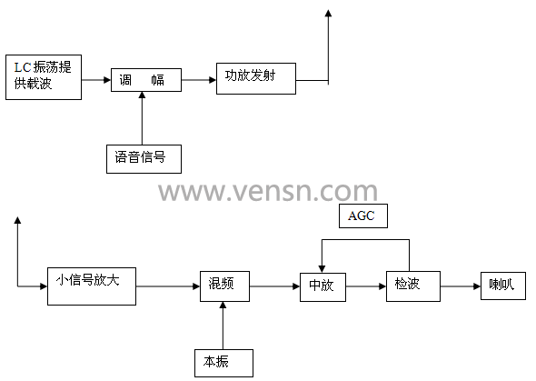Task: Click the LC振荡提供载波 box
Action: [44, 77]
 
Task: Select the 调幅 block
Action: [146, 80]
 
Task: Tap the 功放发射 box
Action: [256, 78]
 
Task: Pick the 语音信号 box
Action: [144, 159]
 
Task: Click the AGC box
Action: [363, 216]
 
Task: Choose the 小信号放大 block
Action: [92, 286]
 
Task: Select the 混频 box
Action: [224, 286]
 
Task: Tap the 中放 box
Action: [323, 287]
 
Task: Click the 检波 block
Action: [413, 286]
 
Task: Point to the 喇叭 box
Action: [503, 286]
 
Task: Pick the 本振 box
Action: [223, 363]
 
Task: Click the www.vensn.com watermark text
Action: [268, 192]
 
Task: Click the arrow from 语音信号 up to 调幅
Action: [143, 118]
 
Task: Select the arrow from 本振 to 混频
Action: [223, 326]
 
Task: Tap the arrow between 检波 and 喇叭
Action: [461, 286]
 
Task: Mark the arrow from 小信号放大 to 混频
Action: [168, 286]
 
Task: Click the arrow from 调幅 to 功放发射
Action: [199, 80]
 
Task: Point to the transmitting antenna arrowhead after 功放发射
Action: [328, 13]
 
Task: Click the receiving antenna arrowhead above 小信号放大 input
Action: [17, 220]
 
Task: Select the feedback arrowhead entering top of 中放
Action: [322, 269]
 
